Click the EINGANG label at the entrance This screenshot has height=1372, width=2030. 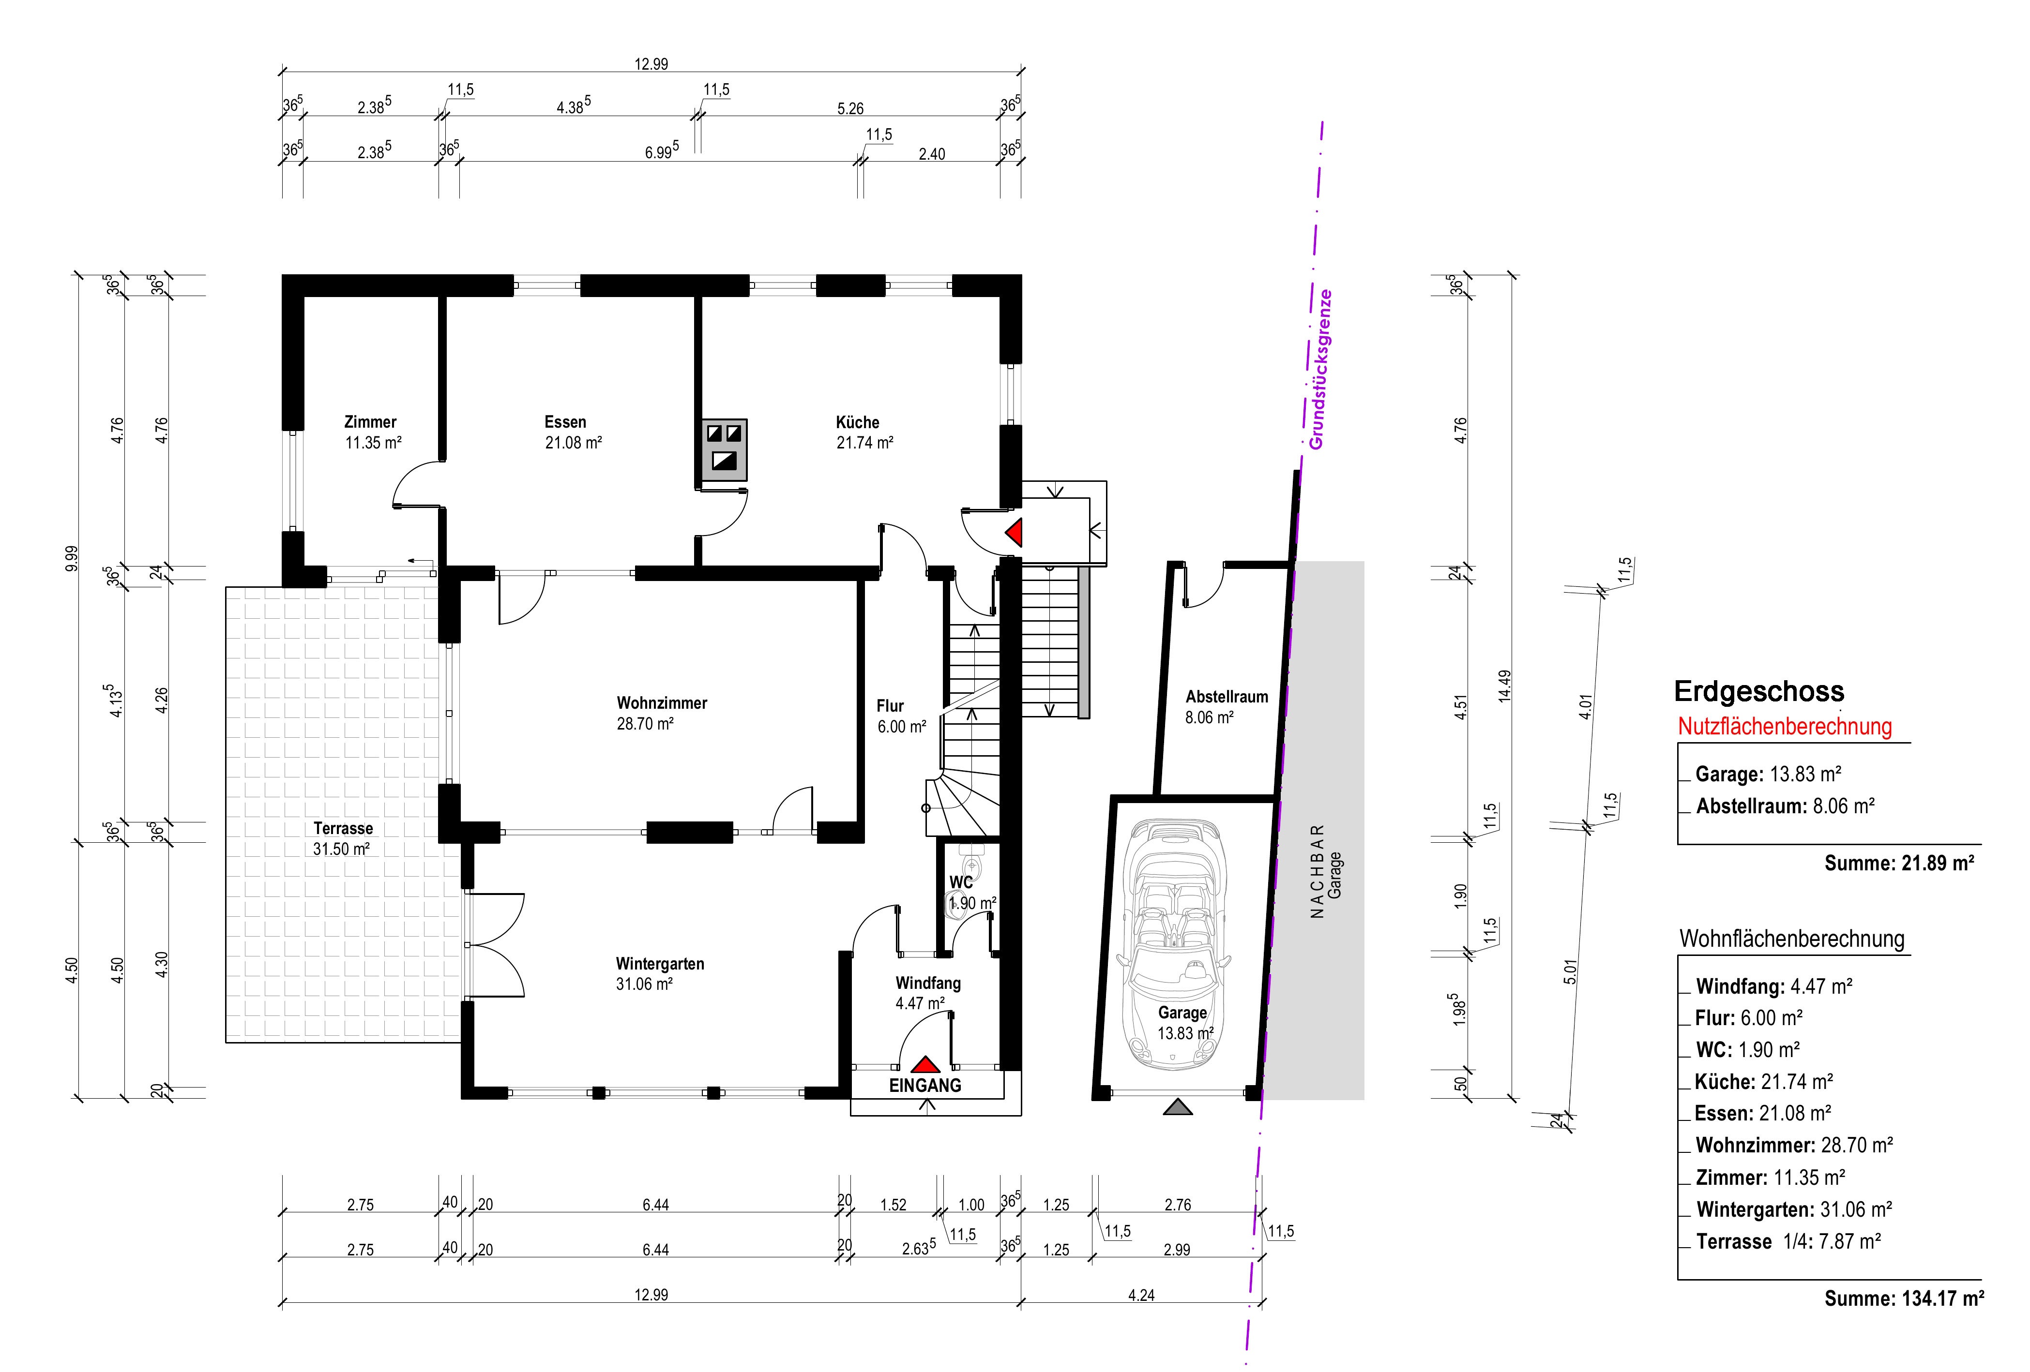pos(925,1086)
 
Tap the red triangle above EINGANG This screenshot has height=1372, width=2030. pos(925,1065)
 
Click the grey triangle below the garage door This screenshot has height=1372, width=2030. pos(1178,1107)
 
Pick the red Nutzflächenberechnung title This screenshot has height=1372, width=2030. pos(1785,727)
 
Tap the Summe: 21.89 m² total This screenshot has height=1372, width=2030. pos(1899,863)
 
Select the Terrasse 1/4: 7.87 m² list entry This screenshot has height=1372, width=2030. pos(1788,1241)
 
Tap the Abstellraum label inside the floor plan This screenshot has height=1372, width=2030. pos(1227,697)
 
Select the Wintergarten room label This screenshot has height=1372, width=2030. pos(660,964)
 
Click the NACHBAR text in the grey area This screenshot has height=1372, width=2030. pos(1318,872)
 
